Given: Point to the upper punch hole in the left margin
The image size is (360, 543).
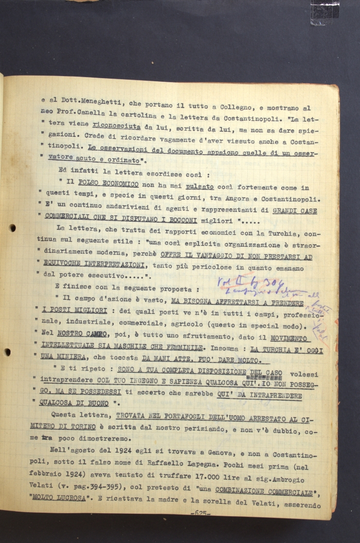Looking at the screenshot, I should pyautogui.click(x=12, y=228).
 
